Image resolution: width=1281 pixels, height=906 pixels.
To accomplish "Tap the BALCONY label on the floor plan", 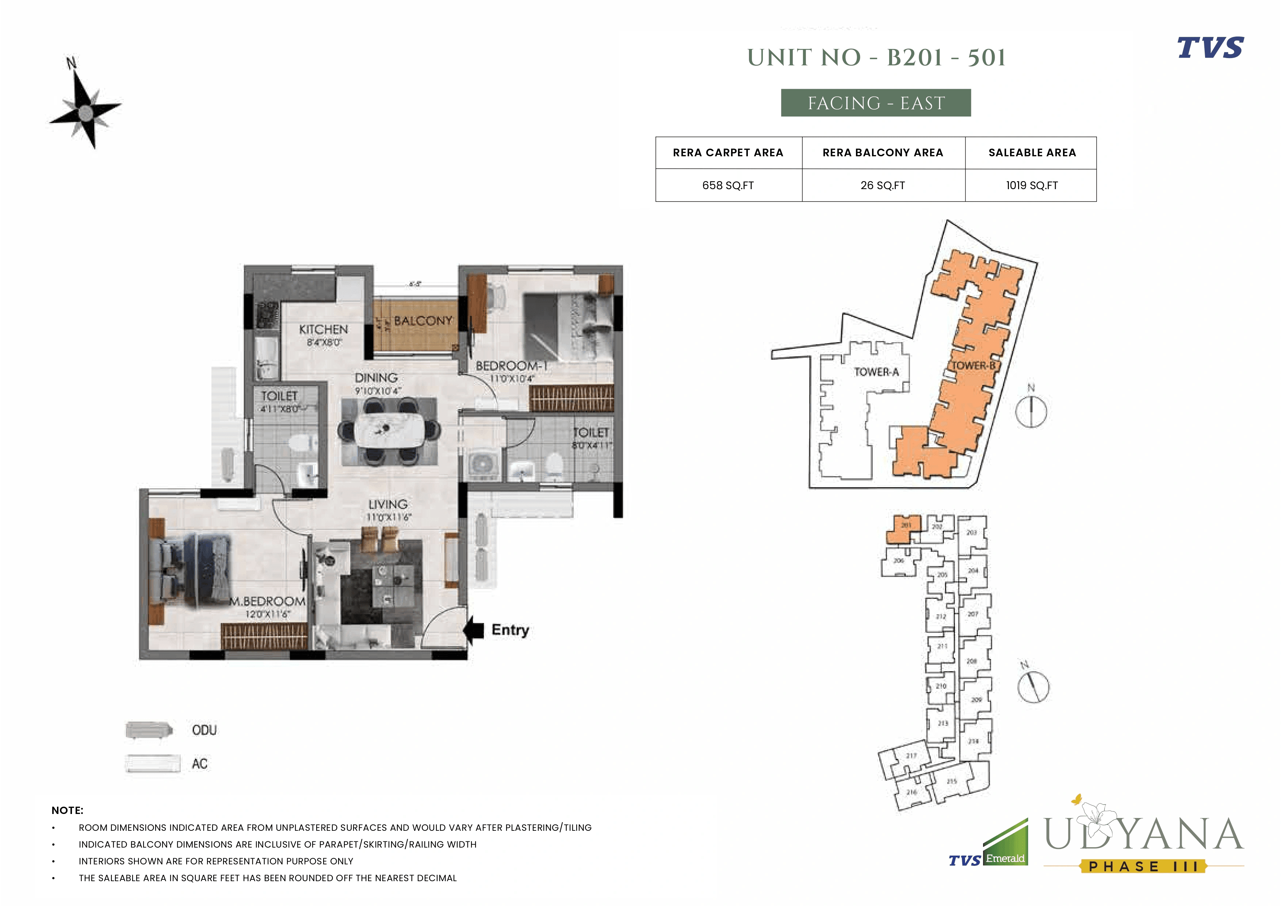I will tap(423, 321).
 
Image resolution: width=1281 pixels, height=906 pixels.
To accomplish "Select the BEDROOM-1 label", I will tap(512, 366).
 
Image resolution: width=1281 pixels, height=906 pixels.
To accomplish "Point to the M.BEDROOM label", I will tap(267, 601).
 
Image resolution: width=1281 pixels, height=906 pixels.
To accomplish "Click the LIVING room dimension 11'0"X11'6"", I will tap(388, 517).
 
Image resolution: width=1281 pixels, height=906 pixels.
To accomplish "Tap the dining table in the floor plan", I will tap(389, 429).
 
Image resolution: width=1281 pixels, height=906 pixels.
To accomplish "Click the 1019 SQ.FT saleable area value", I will tap(1032, 185).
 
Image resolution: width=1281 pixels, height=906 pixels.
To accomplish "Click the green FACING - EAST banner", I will tap(875, 103).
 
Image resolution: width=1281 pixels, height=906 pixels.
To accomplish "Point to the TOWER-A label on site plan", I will tap(876, 372).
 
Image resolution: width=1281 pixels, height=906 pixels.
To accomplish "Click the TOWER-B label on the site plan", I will tap(973, 366).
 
